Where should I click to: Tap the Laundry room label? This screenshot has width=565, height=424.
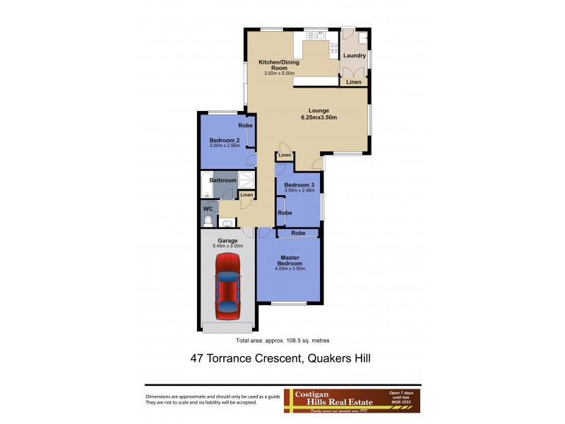354,55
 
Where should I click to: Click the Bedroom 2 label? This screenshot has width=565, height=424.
225,140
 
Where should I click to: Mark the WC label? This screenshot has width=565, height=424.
208,209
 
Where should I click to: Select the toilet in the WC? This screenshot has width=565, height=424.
207,222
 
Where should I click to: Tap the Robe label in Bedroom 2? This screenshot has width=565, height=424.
245,125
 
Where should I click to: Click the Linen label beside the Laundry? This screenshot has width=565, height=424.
354,83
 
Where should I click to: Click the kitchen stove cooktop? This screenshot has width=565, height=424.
332,49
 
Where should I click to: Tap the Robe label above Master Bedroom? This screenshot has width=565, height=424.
298,232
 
